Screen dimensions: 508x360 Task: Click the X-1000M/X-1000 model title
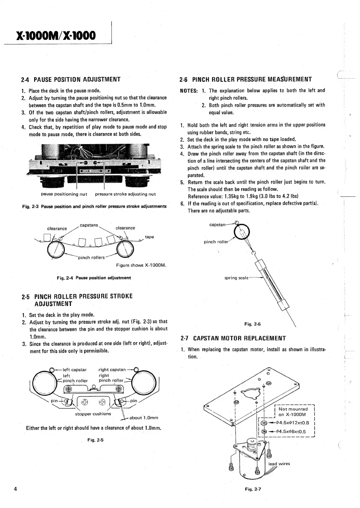53,36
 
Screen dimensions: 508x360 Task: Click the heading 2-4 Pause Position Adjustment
71,79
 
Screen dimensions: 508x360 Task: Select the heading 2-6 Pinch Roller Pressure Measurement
245,79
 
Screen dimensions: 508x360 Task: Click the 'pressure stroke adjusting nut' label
125,194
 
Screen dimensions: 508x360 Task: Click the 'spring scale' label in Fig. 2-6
236,278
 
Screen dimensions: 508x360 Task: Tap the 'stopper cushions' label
93,414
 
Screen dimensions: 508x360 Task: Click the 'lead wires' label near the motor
279,464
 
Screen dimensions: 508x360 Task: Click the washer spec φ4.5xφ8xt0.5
290,432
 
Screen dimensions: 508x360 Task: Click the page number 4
15,489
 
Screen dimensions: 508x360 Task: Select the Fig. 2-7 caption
253,489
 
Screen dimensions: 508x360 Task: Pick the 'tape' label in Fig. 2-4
149,237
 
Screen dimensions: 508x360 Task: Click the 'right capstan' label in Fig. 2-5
112,369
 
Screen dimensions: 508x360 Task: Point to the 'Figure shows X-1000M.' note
141,265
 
